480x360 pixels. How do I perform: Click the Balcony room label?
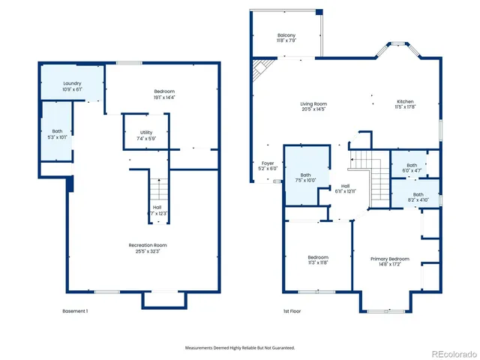(286, 36)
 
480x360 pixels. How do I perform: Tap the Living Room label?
(313, 104)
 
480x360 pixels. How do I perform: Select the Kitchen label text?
(405, 102)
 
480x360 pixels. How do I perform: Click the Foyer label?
(268, 163)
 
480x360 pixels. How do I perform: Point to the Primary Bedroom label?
(390, 259)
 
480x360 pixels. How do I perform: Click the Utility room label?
(146, 133)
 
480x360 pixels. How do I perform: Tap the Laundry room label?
(72, 83)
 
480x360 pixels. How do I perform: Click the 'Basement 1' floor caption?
(75, 311)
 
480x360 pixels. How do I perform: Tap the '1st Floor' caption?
(292, 311)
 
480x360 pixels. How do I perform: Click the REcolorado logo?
(451, 352)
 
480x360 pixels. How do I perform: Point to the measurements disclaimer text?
(240, 347)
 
